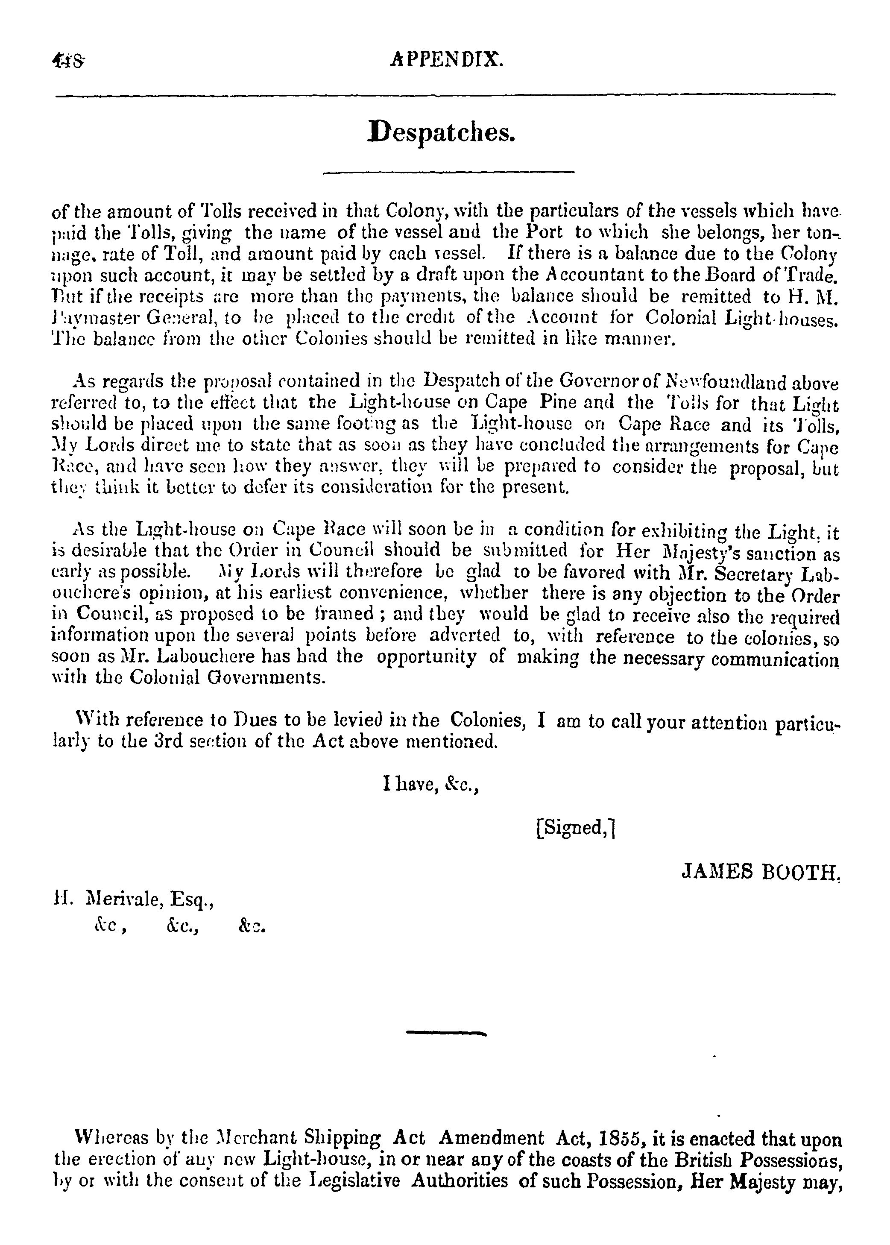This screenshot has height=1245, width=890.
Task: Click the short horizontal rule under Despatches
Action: [x=448, y=173]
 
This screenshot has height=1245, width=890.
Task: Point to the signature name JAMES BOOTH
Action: [x=761, y=871]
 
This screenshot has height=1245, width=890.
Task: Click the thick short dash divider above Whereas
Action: [x=447, y=1033]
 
